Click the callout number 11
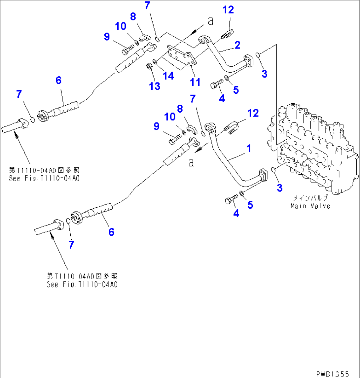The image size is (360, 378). click(195, 82)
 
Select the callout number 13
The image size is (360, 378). click(155, 86)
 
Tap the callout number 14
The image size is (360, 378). click(168, 76)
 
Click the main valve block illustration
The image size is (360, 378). click(314, 149)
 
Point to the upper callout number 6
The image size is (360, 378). click(58, 80)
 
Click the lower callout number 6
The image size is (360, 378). click(111, 232)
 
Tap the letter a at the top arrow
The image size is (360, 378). click(210, 21)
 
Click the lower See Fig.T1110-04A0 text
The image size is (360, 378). click(82, 284)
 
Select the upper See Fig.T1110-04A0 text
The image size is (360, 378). click(44, 178)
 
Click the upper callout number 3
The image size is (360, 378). click(264, 74)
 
